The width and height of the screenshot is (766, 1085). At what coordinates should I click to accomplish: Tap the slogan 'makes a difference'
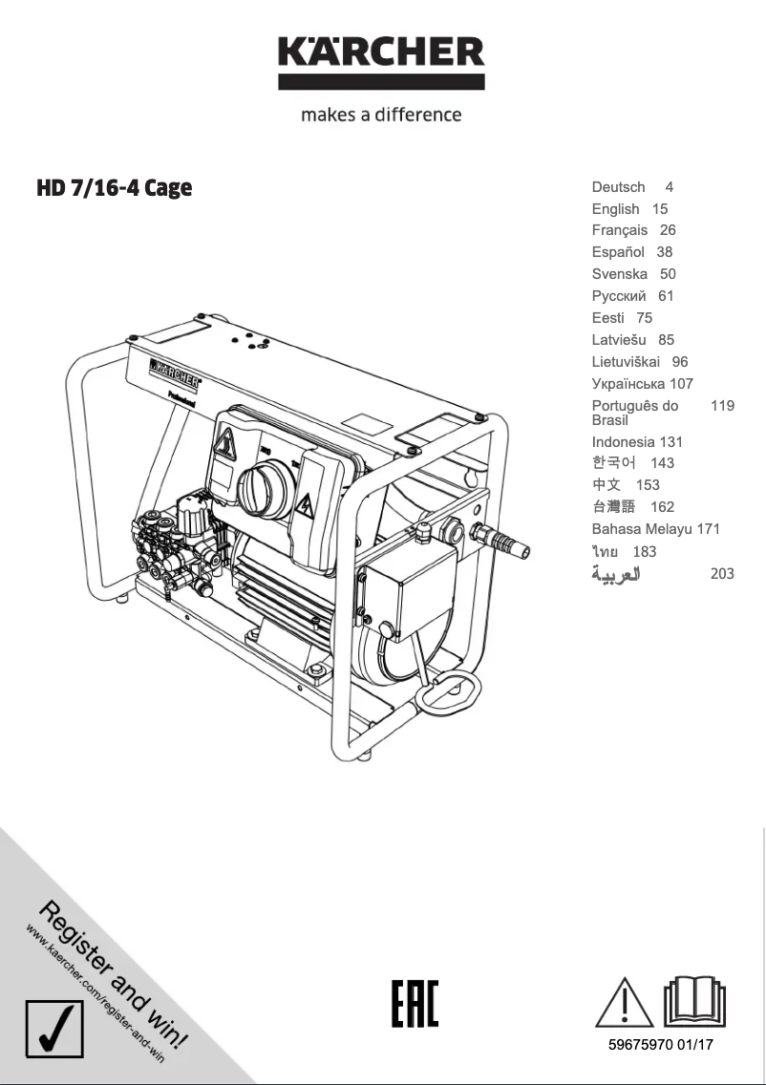381,115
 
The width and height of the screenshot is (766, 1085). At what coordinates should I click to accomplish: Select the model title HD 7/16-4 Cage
114,187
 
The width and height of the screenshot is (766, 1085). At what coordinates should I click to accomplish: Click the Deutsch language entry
618,187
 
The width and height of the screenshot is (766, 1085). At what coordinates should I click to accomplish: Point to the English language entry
615,209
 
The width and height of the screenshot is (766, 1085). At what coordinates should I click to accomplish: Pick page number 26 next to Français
668,230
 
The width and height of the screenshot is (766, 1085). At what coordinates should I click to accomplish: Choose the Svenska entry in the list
619,274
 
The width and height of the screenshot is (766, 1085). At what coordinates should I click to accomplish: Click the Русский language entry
619,296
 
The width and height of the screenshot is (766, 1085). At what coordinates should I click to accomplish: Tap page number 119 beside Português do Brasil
722,406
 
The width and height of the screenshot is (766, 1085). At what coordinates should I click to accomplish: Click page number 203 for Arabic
722,574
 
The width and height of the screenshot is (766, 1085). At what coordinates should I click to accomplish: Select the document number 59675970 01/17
660,1045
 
